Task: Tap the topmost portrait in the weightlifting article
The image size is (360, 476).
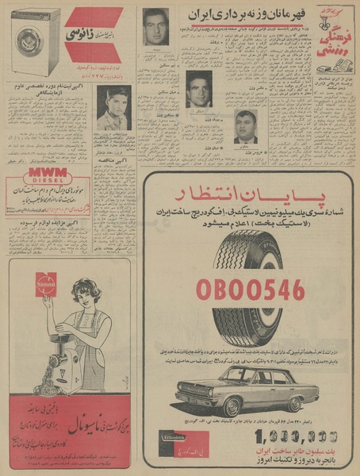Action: [155, 27]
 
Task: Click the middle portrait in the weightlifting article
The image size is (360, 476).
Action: [198, 89]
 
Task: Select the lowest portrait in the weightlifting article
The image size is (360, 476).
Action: [245, 127]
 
